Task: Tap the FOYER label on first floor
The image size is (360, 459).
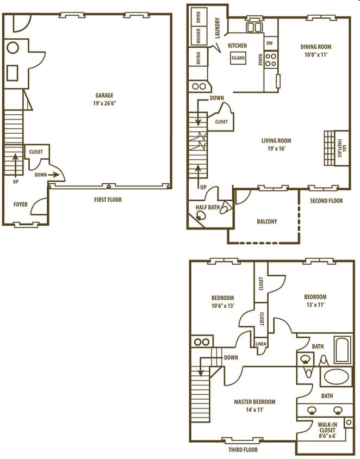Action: tap(21, 204)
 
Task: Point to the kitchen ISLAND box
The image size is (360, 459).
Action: tap(238, 58)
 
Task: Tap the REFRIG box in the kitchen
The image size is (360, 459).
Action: tap(198, 58)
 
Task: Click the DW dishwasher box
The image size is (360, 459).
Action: tap(270, 43)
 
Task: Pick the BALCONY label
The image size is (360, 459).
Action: tap(266, 221)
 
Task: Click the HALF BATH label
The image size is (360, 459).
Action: tap(207, 207)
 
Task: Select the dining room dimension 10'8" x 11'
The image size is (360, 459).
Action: tap(316, 55)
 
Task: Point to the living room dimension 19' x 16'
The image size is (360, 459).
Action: tap(276, 148)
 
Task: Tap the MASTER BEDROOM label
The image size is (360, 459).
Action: tap(255, 402)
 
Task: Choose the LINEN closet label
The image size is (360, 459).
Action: tap(261, 344)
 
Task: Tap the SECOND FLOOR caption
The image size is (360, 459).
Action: tap(326, 201)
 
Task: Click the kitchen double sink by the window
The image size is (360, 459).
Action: tap(254, 27)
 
